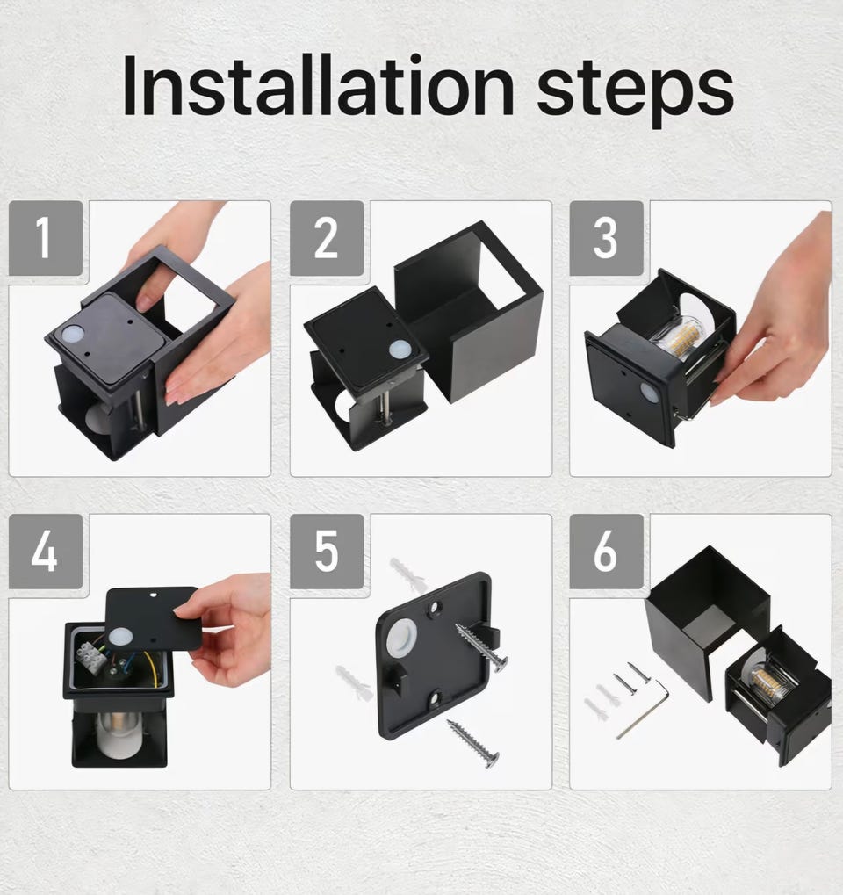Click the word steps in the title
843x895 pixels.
coord(635,92)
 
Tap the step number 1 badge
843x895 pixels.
coord(46,238)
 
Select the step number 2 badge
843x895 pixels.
coord(327,238)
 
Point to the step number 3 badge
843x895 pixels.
coord(606,238)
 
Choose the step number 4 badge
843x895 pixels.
coord(46,552)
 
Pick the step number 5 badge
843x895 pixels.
coord(327,552)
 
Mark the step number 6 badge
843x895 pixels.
coord(606,552)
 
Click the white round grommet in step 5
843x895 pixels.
coord(400,639)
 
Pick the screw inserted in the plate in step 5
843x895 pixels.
coord(481,648)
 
